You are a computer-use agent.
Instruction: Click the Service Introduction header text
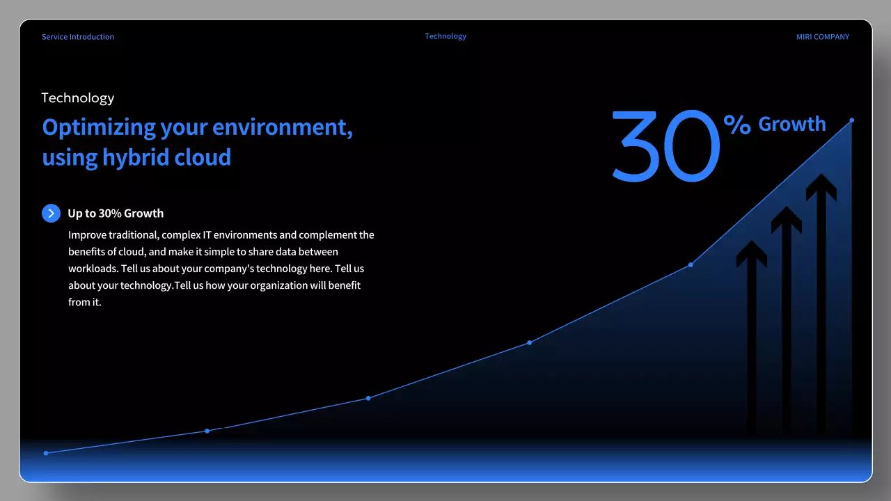[x=77, y=37]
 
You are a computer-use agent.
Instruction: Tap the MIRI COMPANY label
[x=822, y=37]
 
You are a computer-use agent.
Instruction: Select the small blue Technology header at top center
[x=445, y=36]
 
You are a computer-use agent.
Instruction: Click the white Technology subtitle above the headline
[x=77, y=98]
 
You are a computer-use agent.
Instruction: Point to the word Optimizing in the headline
[x=99, y=128]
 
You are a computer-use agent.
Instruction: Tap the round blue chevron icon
[x=51, y=213]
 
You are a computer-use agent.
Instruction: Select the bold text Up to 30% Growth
[x=116, y=214]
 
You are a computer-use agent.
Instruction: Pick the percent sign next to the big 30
[x=736, y=125]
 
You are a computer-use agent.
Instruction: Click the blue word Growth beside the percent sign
[x=791, y=125]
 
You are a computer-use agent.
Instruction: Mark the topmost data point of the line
[x=851, y=120]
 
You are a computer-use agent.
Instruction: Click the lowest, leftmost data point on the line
[x=46, y=453]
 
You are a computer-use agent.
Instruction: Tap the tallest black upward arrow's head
[x=821, y=186]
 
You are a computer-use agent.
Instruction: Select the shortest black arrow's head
[x=752, y=253]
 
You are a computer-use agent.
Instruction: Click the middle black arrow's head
[x=787, y=218]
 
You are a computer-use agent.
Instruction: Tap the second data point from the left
[x=207, y=431]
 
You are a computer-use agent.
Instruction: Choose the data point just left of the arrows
[x=691, y=264]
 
